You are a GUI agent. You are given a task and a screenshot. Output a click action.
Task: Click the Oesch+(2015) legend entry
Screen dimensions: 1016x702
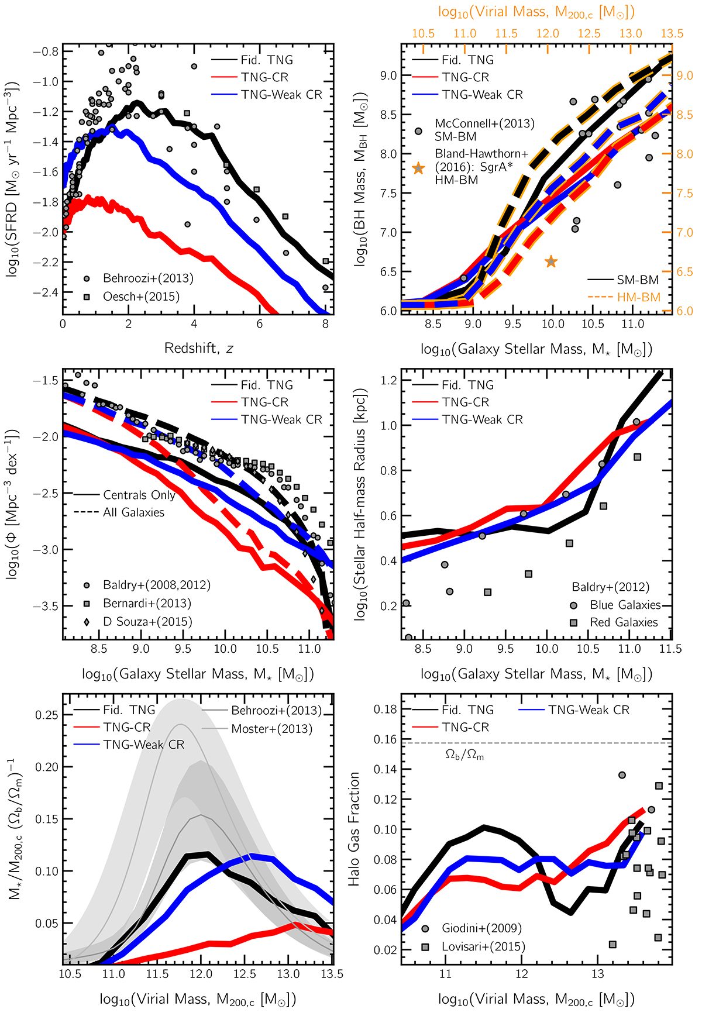click(141, 297)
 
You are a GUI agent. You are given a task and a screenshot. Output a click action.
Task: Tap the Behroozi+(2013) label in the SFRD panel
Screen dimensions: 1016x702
click(148, 278)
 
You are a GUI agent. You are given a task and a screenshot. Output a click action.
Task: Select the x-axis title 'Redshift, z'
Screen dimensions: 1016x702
click(198, 349)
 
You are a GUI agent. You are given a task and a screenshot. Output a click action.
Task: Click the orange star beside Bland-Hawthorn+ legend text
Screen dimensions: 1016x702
click(418, 168)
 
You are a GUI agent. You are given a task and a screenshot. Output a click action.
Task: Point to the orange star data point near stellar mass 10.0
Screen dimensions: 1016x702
click(551, 261)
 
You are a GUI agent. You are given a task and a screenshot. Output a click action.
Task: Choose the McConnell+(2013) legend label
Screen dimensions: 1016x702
click(484, 123)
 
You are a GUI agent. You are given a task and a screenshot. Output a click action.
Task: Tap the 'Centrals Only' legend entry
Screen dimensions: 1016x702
click(139, 495)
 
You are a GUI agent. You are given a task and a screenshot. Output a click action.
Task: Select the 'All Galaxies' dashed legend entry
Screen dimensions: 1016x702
click(133, 512)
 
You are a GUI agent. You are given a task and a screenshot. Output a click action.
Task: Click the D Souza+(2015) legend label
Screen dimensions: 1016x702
click(147, 622)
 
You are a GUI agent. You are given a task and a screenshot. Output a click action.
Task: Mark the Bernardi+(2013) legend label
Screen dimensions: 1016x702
click(147, 603)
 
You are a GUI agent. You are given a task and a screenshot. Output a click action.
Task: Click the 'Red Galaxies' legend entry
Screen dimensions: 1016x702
click(624, 622)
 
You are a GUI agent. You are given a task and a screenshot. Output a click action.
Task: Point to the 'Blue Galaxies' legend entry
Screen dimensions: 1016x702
click(625, 605)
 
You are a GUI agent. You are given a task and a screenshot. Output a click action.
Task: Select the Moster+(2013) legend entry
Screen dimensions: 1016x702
click(271, 729)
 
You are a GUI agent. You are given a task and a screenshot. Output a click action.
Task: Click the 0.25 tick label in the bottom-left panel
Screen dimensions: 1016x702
click(46, 715)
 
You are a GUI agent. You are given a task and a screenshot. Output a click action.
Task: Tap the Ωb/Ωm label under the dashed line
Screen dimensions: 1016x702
click(464, 755)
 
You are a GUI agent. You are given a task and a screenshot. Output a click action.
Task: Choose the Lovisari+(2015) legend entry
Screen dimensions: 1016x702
click(483, 946)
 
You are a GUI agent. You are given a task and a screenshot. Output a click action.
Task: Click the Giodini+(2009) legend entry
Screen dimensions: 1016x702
click(481, 928)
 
